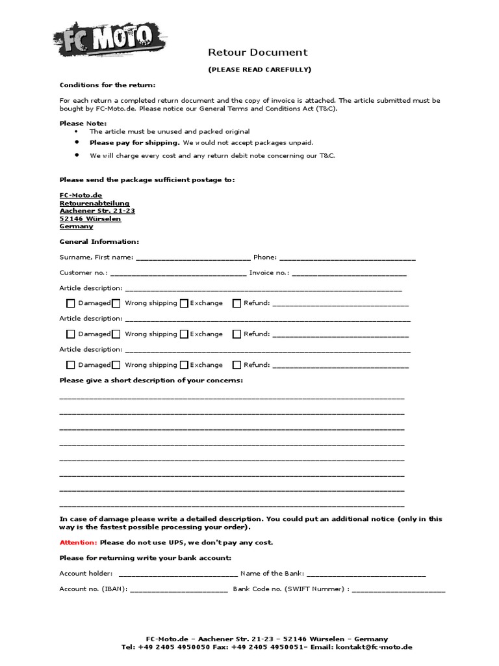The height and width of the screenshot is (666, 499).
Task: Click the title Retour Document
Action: click(x=257, y=53)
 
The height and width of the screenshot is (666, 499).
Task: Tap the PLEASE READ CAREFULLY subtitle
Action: click(x=259, y=69)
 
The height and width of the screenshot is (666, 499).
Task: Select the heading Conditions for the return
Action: click(x=107, y=85)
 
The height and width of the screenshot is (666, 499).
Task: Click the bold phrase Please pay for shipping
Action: click(x=134, y=142)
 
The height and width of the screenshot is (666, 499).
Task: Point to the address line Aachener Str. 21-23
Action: click(x=97, y=211)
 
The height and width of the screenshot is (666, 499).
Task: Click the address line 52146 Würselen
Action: click(x=90, y=219)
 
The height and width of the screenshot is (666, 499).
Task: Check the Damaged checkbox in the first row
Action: click(x=71, y=303)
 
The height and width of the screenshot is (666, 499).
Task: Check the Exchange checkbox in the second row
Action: click(x=185, y=334)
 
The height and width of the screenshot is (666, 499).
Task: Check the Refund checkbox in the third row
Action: click(x=237, y=365)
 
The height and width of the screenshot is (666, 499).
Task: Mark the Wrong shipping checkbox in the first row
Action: click(x=116, y=303)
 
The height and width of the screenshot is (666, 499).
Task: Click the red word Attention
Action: click(x=78, y=542)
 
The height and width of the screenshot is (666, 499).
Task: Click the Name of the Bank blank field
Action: click(x=366, y=574)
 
